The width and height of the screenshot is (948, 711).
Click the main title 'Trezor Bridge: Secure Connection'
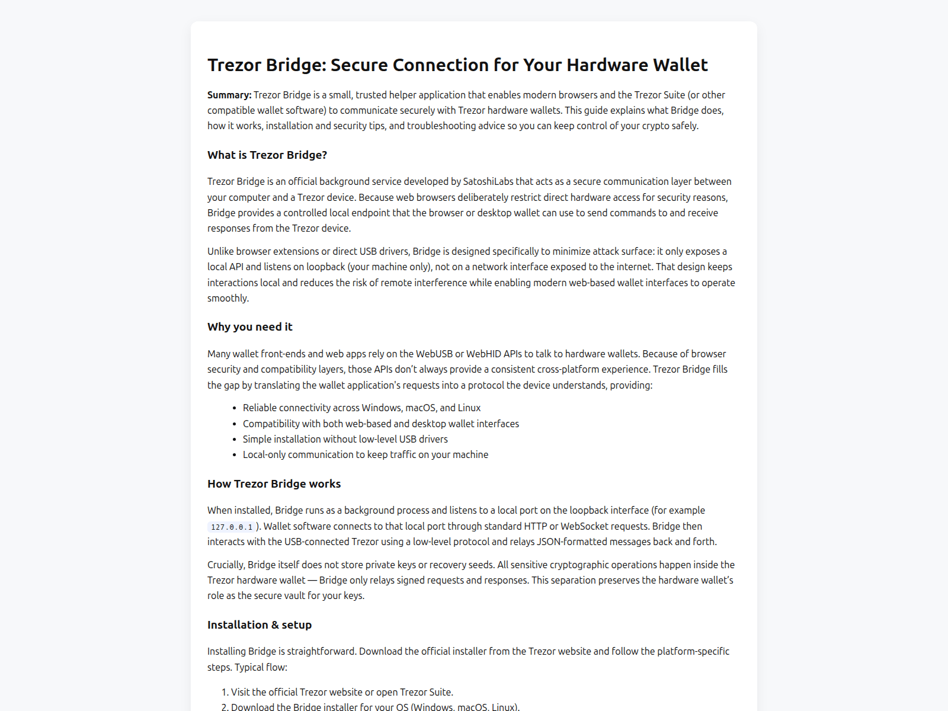click(x=457, y=65)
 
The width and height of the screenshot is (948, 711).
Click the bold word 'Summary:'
click(x=229, y=95)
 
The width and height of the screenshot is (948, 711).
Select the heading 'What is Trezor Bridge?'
click(x=267, y=155)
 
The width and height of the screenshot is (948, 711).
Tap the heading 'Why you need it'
click(x=250, y=327)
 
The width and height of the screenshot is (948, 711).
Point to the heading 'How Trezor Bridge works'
click(x=274, y=484)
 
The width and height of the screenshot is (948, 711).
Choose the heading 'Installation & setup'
click(x=260, y=625)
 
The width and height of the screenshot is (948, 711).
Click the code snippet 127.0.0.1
click(x=232, y=527)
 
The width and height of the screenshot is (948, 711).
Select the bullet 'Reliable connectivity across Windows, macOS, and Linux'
click(x=361, y=408)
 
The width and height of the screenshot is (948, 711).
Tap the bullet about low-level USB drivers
click(x=345, y=439)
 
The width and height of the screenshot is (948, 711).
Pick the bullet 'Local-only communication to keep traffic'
click(x=365, y=454)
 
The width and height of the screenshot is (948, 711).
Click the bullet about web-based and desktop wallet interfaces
click(x=380, y=424)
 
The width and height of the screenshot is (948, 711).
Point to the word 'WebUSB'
click(x=434, y=354)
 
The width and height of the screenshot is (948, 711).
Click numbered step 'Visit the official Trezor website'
click(x=342, y=692)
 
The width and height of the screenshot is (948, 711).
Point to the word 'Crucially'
click(x=226, y=565)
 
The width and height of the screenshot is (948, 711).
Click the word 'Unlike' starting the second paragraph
click(x=220, y=251)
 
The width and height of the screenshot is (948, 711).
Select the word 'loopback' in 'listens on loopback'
click(x=325, y=267)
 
